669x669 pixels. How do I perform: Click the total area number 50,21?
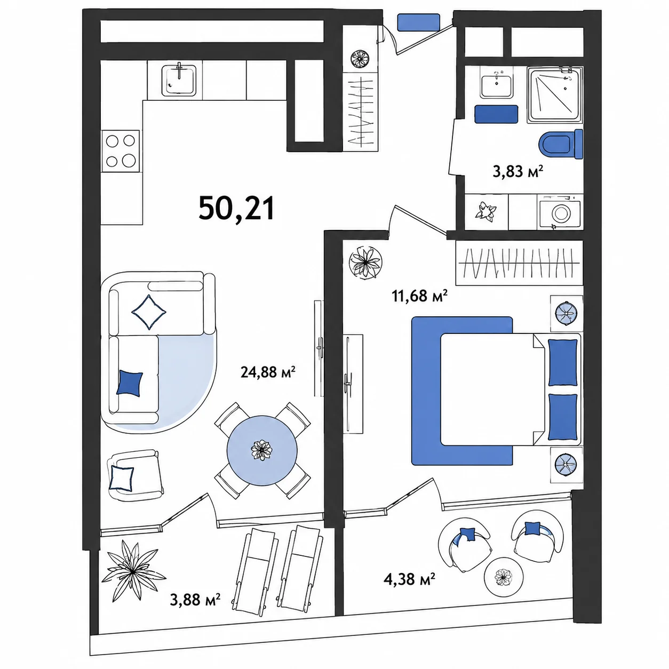coord(236,209)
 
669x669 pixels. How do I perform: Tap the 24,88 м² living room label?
coord(268,372)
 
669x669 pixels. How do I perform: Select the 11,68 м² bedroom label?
coord(419,296)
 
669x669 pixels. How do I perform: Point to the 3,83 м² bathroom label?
coord(517,171)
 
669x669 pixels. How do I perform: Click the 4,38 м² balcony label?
coord(409,579)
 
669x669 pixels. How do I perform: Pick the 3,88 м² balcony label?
coord(195,600)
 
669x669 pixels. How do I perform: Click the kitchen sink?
coord(179,80)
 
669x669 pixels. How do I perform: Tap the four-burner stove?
coord(121,151)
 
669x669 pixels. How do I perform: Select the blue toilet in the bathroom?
coord(561,144)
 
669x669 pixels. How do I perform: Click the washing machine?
coord(560,212)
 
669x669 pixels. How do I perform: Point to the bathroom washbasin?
coord(496,83)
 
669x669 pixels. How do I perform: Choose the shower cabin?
coord(555,94)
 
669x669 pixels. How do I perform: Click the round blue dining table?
coord(262,450)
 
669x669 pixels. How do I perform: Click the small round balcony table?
coord(504,577)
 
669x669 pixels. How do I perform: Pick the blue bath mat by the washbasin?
coord(496,114)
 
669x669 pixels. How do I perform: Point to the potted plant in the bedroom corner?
coord(365,262)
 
